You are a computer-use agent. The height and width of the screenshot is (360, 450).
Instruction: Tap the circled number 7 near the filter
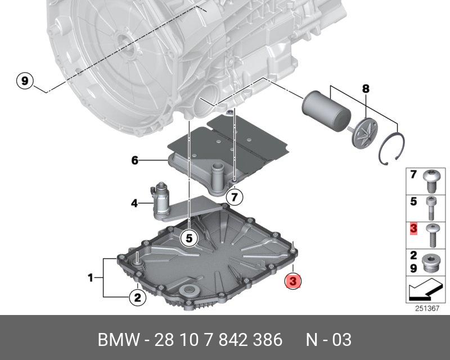[x=235, y=197]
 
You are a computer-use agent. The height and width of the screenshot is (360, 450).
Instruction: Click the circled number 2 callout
[x=137, y=298]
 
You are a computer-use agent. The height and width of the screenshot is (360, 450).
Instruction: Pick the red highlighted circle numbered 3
[x=294, y=281]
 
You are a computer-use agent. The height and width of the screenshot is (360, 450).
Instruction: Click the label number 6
[x=134, y=161]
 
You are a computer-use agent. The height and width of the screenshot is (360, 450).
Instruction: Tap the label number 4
[x=134, y=202]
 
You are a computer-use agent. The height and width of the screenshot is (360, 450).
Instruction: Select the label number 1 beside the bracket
[x=91, y=277]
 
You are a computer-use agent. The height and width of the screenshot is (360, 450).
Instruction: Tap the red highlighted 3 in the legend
[x=413, y=229]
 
